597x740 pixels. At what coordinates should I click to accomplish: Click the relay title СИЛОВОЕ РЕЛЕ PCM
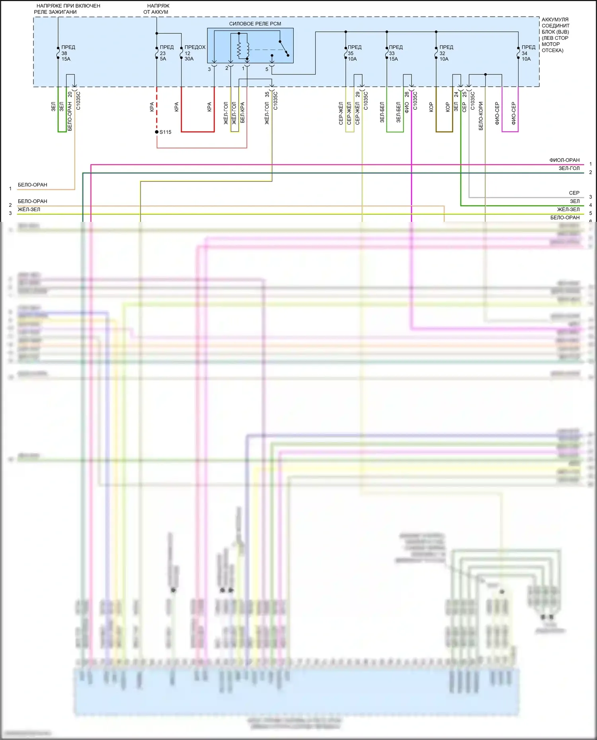(255, 24)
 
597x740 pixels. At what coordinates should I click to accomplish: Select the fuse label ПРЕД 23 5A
(166, 53)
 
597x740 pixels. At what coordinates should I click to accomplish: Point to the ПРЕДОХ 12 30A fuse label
(195, 53)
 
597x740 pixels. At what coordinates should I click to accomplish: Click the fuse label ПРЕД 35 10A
(354, 53)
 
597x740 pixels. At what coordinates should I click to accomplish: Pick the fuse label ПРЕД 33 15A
(395, 53)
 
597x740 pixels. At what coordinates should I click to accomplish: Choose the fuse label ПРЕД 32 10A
(446, 53)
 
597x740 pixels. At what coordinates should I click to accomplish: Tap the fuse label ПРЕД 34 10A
(528, 53)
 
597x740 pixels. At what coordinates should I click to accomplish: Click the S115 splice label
(165, 132)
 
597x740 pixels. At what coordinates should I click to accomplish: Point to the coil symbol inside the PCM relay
(239, 49)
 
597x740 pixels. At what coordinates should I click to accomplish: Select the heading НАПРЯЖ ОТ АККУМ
(156, 9)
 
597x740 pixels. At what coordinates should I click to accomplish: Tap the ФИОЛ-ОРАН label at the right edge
(564, 160)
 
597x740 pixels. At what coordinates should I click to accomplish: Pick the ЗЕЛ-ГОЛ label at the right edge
(569, 169)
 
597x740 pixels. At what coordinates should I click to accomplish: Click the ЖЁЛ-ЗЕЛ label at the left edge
(29, 210)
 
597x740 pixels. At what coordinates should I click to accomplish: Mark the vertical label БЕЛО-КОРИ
(481, 116)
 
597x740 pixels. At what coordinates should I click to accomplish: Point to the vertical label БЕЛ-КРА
(242, 113)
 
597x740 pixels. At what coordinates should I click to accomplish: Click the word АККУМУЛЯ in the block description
(555, 19)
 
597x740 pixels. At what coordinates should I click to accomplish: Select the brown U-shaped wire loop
(444, 131)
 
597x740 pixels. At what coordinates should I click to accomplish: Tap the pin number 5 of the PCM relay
(267, 69)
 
